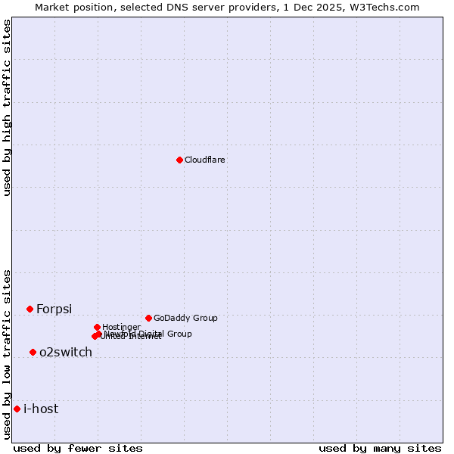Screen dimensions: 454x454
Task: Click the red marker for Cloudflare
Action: tap(179, 160)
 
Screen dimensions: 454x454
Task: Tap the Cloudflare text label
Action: tap(205, 160)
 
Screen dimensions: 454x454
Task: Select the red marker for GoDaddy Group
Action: tap(148, 318)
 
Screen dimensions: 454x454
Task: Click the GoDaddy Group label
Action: tap(185, 318)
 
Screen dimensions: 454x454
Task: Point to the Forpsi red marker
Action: tap(30, 309)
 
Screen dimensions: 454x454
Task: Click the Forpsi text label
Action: tap(54, 309)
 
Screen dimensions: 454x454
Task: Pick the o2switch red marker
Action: tap(33, 352)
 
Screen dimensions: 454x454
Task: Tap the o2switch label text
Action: tap(66, 352)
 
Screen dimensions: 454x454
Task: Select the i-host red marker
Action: tap(17, 409)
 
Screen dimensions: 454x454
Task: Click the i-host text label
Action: tap(41, 409)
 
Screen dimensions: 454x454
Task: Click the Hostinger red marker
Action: tap(97, 327)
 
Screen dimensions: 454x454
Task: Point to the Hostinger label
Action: tap(121, 327)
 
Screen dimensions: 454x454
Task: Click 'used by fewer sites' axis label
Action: tap(78, 448)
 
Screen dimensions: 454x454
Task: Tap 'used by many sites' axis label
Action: tap(380, 448)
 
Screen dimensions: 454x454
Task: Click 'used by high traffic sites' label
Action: tap(7, 107)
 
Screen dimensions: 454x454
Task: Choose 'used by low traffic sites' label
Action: tap(7, 353)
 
